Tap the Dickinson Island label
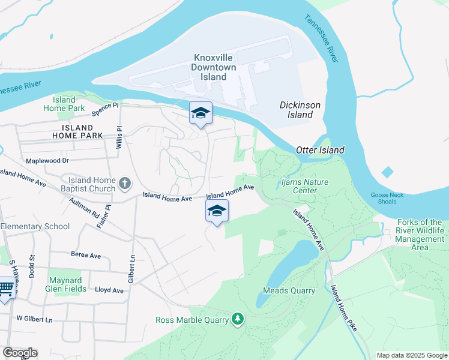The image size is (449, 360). tap(300, 109)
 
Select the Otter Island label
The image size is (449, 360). tap(320, 150)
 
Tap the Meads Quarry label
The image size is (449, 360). tap(289, 290)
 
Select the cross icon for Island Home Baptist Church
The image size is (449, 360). tap(125, 183)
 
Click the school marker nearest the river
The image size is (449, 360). tap(200, 113)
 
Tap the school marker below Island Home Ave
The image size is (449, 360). tap(217, 211)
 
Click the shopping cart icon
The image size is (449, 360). tap(5, 289)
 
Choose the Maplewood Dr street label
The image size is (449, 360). tap(48, 161)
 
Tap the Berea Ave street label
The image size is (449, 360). tap(86, 254)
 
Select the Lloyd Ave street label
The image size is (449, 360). tap(109, 290)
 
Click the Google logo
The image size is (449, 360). tap(20, 353)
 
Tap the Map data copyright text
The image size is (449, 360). tap(411, 355)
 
